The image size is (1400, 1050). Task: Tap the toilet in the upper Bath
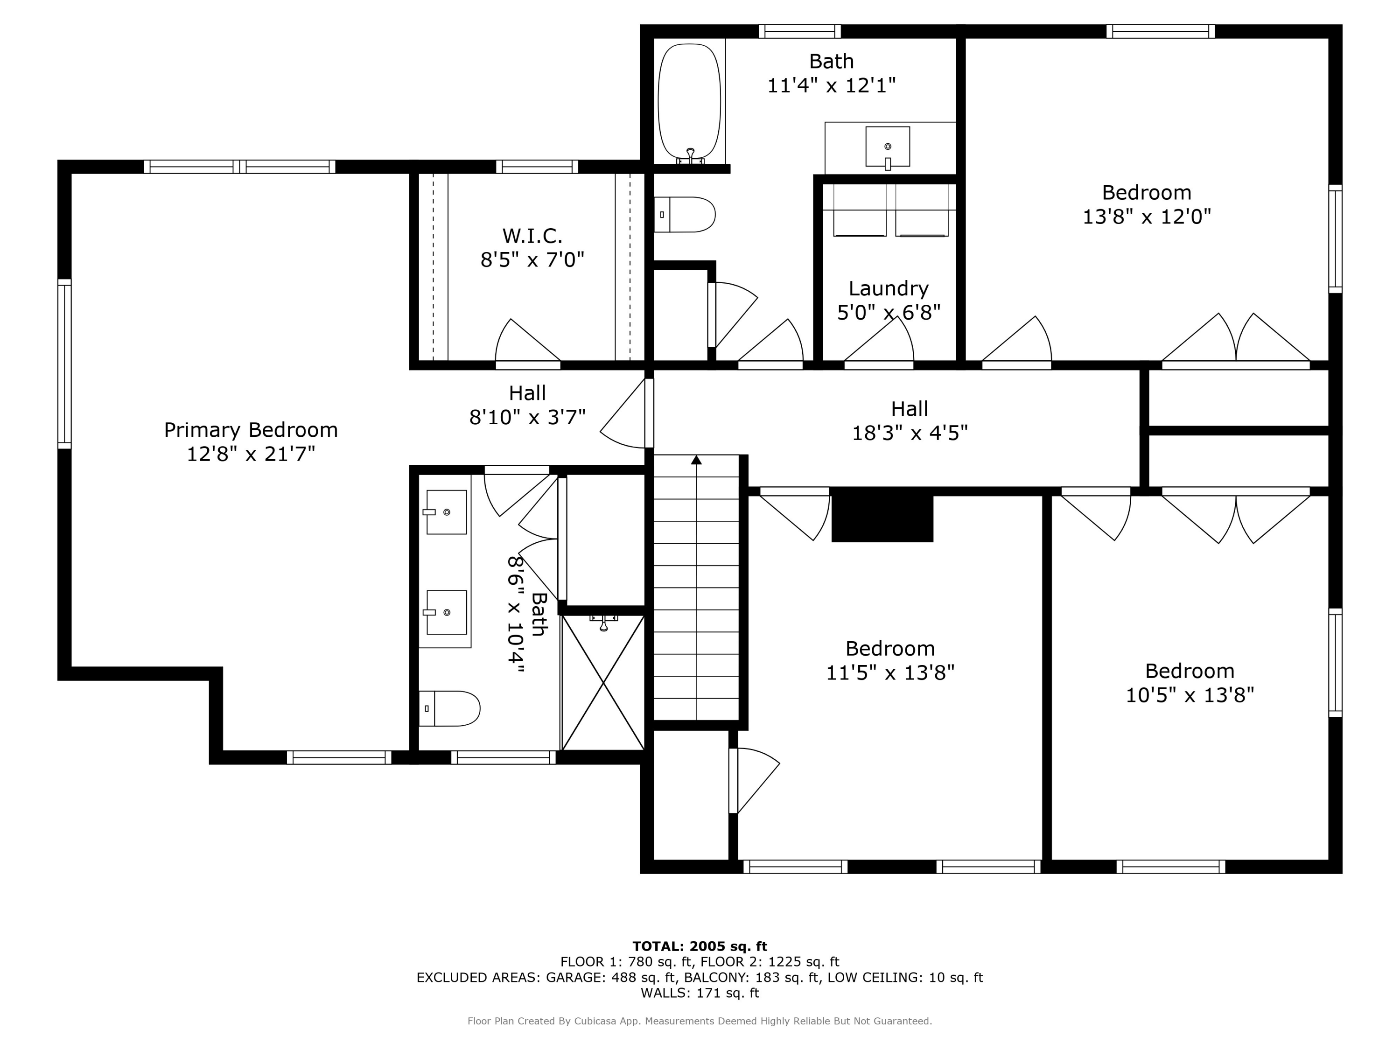tap(686, 215)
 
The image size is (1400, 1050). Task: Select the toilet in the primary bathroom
tap(450, 708)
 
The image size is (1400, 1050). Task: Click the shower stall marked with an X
tap(603, 683)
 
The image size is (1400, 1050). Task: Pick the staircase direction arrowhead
tap(696, 460)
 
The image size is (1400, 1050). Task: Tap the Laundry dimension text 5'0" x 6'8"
tap(889, 313)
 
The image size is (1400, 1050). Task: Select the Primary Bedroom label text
tap(251, 430)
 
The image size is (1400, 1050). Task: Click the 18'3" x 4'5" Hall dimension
tap(910, 433)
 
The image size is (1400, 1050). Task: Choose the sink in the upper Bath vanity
tap(887, 146)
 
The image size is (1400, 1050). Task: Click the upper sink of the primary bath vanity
tap(446, 511)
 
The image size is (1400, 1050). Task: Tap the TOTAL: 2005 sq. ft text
tap(700, 946)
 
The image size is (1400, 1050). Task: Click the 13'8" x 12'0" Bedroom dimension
tap(1146, 217)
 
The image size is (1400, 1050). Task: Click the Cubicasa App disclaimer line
tap(700, 1021)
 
